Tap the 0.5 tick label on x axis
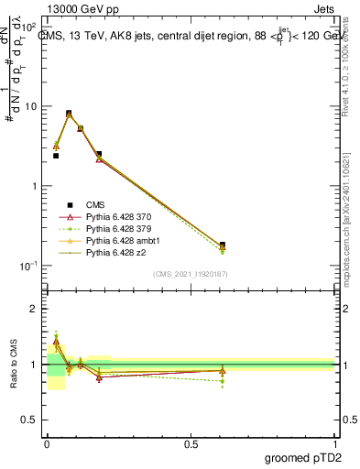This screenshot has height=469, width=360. point(191,443)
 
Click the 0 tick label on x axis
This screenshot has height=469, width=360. point(47,443)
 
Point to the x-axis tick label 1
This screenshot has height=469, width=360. point(335,443)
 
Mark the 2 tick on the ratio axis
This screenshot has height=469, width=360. point(34,309)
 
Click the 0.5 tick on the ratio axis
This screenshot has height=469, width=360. point(30,420)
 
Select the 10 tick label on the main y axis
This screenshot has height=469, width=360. point(31,106)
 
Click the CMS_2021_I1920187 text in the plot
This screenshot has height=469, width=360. point(191,273)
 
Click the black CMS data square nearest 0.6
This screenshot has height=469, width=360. point(223,245)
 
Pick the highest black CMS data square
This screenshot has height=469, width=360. point(69,114)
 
